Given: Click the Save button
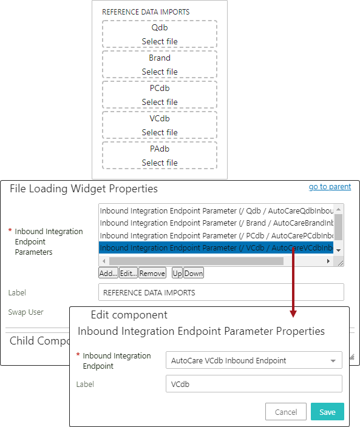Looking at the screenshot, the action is point(327,412).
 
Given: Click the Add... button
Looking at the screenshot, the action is point(108,273).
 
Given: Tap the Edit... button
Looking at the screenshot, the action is point(128,273).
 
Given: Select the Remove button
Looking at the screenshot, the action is point(152,273).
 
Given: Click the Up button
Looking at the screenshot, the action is point(177,273).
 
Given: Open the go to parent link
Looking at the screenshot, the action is point(330,187).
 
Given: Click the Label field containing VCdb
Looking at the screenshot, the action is point(254,384).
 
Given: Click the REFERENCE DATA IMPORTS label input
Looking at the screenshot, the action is point(221,292).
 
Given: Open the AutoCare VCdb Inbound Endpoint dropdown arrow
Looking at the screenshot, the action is point(333,361).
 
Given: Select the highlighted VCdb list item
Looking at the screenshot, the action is point(216,248).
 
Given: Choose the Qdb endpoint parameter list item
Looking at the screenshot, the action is point(216,211).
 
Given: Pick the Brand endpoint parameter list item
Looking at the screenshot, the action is point(216,223).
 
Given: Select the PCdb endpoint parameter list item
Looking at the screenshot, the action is point(216,235).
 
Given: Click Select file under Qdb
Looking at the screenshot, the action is point(160,41).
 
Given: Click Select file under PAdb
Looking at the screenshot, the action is point(160,163).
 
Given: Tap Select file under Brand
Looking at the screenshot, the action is point(160,72).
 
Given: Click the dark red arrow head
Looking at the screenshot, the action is point(293,314).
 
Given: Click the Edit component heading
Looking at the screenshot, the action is point(129,315).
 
